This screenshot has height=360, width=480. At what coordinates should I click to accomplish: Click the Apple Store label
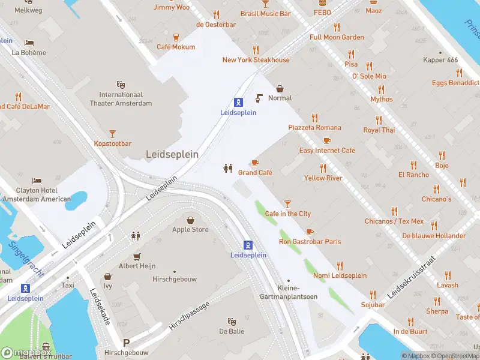coord(190,229)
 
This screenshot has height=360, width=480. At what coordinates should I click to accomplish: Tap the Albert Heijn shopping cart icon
coord(137,256)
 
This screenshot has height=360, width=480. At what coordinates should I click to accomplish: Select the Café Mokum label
coord(176,47)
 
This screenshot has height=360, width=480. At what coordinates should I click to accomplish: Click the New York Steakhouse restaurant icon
coord(256,50)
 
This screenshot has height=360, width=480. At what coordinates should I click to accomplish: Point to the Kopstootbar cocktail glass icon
coord(112,134)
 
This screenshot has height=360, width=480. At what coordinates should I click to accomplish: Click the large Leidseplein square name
coord(172,154)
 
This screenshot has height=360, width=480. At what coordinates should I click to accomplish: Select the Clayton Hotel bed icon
coord(37,181)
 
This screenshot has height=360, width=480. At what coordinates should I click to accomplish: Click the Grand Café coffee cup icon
coord(255,163)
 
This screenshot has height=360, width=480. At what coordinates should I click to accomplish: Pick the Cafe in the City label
coord(288,214)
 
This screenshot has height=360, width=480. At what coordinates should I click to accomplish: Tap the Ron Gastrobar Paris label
coord(310,242)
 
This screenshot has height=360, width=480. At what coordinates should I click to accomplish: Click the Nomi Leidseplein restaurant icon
coord(340,266)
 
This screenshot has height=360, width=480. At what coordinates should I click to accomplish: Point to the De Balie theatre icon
coord(231,322)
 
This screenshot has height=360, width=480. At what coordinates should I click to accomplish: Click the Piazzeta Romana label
coord(314,127)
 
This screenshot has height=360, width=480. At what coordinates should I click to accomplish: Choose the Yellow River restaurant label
coord(323,178)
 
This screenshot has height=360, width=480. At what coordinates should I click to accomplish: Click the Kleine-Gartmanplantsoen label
coord(288,292)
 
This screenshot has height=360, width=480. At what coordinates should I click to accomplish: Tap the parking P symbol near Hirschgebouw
coord(126,343)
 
